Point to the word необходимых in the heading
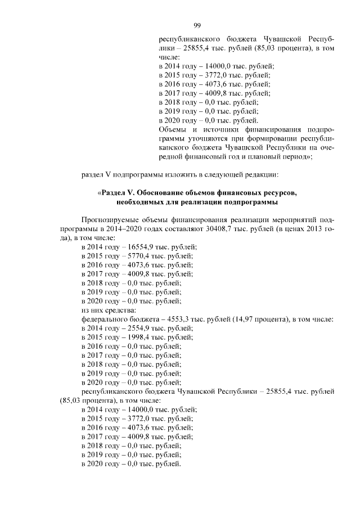141,202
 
